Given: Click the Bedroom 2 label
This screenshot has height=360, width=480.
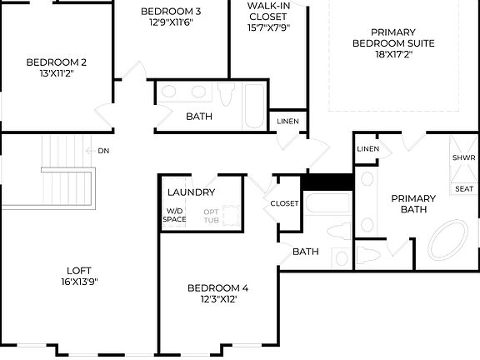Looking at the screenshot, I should point(57,62).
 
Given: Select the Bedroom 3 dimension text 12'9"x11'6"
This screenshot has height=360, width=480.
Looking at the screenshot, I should point(171,22).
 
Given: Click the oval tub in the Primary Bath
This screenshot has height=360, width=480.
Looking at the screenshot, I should point(451,242).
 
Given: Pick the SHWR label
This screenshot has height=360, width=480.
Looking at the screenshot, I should point(463,157).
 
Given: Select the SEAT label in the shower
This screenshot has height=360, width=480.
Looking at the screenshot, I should point(463,188).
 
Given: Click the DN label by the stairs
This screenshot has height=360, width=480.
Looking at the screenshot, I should point(103,151).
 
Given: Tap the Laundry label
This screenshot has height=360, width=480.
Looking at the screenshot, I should point(192,192).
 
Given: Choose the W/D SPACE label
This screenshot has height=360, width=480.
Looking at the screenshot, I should point(175,215).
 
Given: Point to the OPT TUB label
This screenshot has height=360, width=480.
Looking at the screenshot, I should point(212,215).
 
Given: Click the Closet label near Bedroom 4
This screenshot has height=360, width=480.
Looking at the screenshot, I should point(284,203).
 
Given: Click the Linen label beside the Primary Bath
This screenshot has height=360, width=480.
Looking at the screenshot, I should point(367,149).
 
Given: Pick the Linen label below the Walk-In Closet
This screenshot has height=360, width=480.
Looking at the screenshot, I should point(287,122).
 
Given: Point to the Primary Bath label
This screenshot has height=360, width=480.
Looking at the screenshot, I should point(413,204).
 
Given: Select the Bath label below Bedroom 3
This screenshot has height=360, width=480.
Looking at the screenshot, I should point(199,117).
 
